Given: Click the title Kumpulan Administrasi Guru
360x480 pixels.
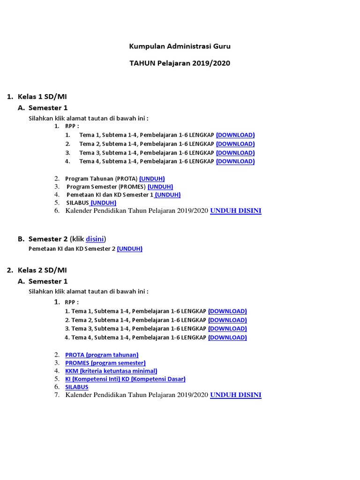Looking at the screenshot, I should tap(180, 46).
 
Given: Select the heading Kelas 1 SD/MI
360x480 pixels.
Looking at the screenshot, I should tap(42, 97).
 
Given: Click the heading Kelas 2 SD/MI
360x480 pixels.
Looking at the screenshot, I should tap(42, 270).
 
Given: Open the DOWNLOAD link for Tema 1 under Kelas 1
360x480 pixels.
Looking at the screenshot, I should tap(235, 135).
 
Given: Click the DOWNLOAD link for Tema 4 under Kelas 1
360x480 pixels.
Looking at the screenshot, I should tap(235, 161).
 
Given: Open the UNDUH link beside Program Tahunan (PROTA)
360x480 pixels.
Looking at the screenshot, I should tap(152, 179).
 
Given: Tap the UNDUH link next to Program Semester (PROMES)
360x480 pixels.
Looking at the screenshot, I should tap(160, 187).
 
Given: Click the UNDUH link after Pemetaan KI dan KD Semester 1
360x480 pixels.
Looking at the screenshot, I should tap(168, 195).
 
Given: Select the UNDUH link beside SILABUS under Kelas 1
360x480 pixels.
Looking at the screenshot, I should tap(104, 202).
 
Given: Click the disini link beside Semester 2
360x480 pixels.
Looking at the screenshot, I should tap(95, 239).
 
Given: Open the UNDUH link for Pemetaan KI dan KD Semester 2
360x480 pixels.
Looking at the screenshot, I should tap(130, 249).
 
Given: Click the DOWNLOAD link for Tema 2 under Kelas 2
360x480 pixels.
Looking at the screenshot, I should tap(227, 320).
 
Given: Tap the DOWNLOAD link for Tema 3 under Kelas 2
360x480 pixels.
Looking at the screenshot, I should tap(227, 329).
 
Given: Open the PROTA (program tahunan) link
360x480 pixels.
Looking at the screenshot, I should tap(102, 355).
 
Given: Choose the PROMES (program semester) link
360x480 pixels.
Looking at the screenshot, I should tap(105, 363).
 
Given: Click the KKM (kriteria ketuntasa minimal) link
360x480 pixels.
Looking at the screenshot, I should tap(111, 371).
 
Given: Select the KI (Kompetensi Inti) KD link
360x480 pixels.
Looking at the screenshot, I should tap(125, 379).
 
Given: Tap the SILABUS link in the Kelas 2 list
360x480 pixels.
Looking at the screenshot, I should tap(77, 387).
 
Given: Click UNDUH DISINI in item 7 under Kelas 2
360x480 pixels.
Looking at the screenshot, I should tap(236, 395).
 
